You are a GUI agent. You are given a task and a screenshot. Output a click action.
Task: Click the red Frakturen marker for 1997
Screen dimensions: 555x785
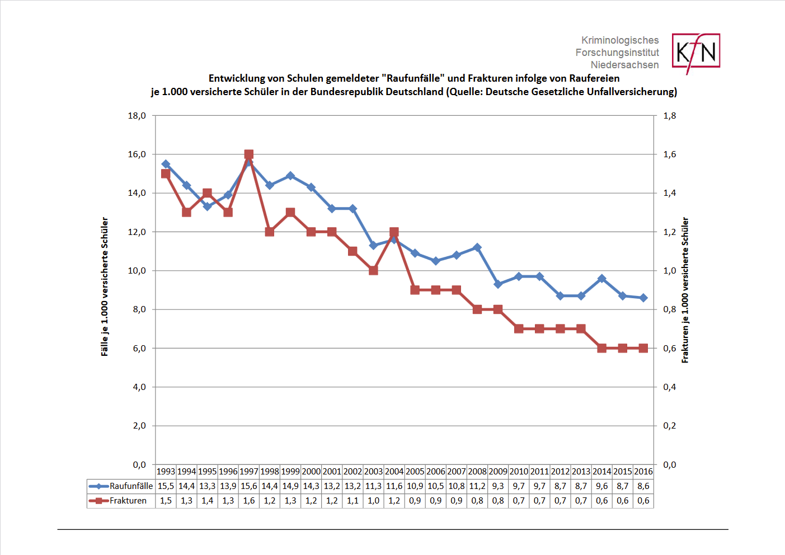tap(249, 154)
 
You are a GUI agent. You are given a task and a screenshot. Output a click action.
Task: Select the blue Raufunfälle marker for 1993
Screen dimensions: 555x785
tap(166, 164)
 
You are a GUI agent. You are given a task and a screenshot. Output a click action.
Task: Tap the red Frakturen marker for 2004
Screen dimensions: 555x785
tap(394, 232)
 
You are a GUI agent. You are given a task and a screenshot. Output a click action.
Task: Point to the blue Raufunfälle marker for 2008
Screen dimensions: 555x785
tap(477, 247)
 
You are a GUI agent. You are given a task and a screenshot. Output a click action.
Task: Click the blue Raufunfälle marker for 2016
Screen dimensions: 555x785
tap(643, 298)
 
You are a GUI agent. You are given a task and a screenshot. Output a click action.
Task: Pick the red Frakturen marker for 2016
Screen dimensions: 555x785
tap(643, 348)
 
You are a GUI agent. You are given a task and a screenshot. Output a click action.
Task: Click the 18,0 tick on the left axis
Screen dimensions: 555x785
tap(137, 116)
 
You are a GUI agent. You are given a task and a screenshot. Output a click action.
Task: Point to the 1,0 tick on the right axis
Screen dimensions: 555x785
tap(670, 271)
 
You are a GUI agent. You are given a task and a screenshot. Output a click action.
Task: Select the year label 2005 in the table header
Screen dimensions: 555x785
tap(415, 472)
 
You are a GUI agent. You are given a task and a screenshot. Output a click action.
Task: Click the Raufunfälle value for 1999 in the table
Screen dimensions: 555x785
tap(290, 486)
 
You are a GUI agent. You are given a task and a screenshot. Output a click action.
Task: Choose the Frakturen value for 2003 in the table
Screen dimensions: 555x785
tap(373, 501)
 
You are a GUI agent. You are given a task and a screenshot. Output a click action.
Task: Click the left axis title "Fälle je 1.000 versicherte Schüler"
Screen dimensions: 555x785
tap(105, 286)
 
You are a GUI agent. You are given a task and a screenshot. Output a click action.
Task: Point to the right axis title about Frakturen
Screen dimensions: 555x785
tap(685, 290)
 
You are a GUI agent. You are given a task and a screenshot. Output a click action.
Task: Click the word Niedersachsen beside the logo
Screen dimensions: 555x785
tap(624, 65)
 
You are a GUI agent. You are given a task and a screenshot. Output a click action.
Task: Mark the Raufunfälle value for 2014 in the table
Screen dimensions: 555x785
tap(602, 486)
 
